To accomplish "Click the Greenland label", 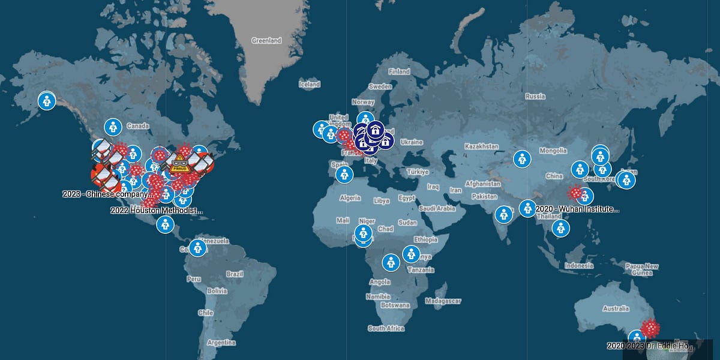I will (266, 41).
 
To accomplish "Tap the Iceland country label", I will (310, 85).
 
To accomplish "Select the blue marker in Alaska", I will (46, 101).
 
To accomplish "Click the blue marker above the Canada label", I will (113, 127).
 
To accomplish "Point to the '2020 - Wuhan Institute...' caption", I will (577, 209).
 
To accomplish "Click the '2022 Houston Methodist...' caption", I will (157, 211).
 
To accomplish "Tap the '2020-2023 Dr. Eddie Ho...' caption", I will (650, 346).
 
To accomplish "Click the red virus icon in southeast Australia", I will (650, 328).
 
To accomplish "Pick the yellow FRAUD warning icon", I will (179, 163).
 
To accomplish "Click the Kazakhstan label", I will (482, 146).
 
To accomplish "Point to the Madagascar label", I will (443, 301).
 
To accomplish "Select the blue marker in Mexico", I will (165, 225).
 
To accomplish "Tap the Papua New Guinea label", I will (643, 269).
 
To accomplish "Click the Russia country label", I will (535, 96).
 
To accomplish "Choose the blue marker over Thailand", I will (560, 227).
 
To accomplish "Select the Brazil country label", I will (235, 274).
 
